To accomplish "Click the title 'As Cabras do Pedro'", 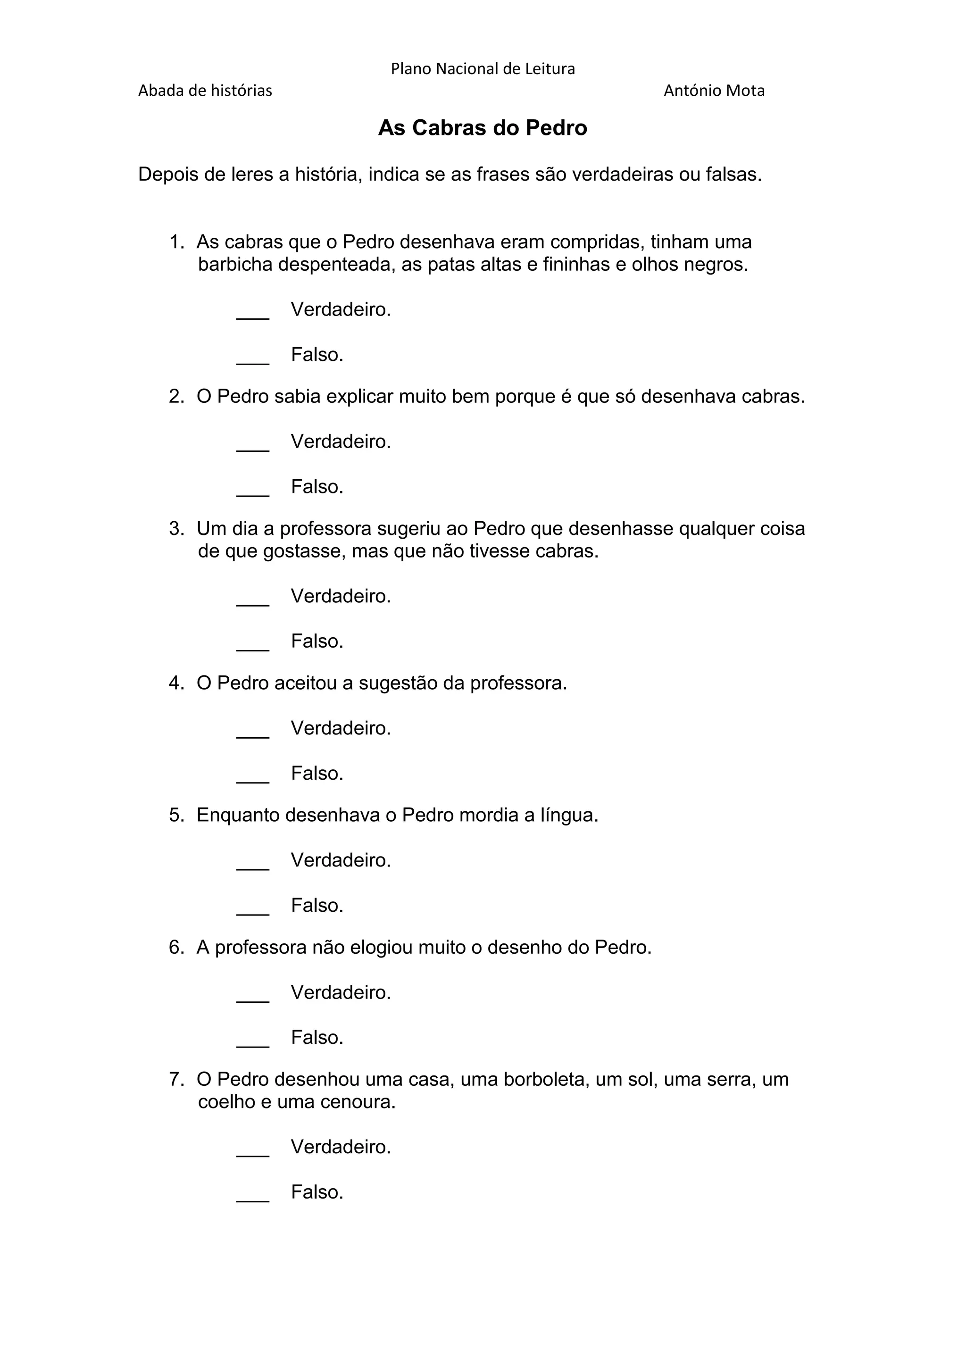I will (483, 128).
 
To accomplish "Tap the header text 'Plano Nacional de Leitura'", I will (483, 69).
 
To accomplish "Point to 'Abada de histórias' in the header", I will (205, 91).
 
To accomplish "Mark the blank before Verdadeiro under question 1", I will (253, 316).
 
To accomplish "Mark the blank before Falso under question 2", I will (253, 492).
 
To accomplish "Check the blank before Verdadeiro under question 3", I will (253, 602).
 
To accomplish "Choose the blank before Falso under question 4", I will (253, 779).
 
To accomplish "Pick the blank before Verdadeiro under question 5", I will (253, 866).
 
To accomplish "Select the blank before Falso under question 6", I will (253, 1043).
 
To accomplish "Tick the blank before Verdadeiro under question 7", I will (253, 1152).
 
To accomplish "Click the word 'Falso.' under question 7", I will (317, 1191).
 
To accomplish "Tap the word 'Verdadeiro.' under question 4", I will (341, 728).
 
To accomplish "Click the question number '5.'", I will (177, 815).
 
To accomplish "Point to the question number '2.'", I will (177, 396).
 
